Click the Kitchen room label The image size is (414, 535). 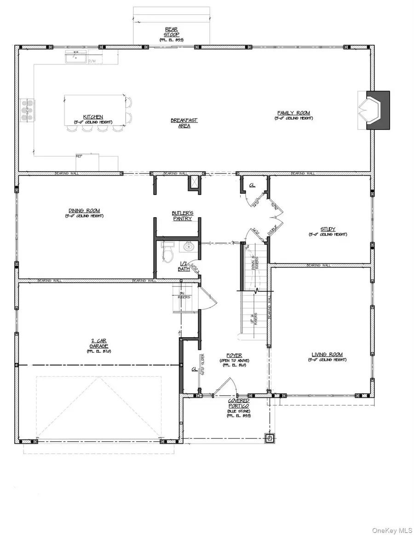tap(93, 117)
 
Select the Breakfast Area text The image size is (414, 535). tap(184, 123)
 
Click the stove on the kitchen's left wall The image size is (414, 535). tap(26, 111)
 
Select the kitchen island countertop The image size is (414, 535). tap(95, 109)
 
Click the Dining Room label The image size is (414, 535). tap(83, 211)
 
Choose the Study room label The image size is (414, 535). tap(328, 229)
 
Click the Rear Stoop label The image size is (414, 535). tap(172, 32)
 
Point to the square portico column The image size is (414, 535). tap(269, 438)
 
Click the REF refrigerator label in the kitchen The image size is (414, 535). tap(79, 156)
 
